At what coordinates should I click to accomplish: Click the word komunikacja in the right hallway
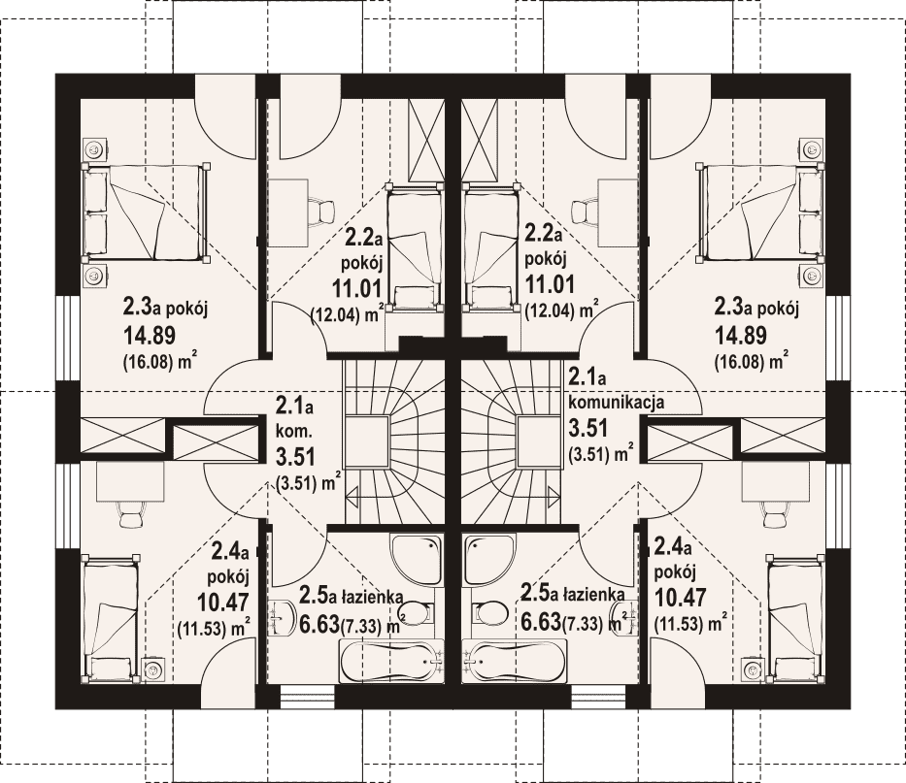point(617,403)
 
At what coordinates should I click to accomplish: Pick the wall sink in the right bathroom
point(626,618)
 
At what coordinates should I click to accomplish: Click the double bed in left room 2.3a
point(145,213)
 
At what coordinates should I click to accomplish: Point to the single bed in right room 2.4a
point(794,619)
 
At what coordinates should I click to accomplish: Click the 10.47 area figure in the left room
point(223,602)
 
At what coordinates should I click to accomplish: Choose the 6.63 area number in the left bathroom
point(319,623)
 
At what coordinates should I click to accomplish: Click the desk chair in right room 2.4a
point(775,512)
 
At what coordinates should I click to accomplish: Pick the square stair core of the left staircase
point(366,441)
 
